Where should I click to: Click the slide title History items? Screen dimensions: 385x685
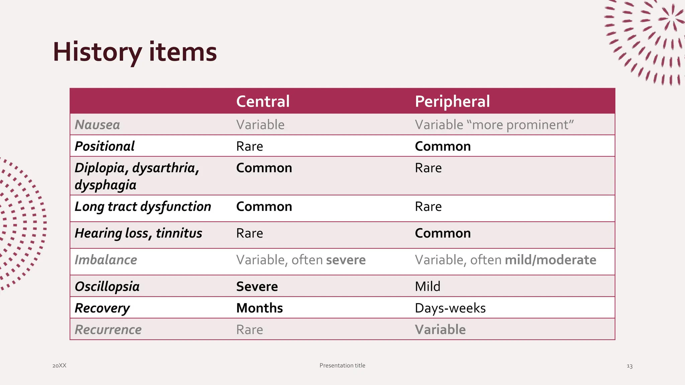[135, 52]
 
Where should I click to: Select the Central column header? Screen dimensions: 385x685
[263, 101]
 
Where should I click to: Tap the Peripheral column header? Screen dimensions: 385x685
[452, 101]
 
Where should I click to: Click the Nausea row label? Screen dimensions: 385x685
[97, 125]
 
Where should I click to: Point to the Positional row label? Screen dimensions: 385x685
[105, 146]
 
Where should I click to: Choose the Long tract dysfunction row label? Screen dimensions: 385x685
[143, 207]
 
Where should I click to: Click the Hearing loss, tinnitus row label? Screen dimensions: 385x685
[138, 233]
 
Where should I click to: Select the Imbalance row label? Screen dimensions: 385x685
[106, 260]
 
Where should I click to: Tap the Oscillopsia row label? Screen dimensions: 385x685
[107, 287]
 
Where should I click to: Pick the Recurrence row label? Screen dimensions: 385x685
[108, 330]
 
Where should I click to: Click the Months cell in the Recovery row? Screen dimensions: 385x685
[260, 308]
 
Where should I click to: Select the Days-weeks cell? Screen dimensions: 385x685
[450, 308]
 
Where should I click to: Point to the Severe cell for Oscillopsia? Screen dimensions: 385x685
[257, 287]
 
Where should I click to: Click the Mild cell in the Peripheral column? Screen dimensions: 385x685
[427, 287]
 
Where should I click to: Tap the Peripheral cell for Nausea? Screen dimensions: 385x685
[494, 125]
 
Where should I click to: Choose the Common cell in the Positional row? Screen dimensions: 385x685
[443, 146]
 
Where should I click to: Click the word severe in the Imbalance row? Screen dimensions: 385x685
[346, 260]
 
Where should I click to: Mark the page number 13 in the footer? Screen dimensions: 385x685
[629, 366]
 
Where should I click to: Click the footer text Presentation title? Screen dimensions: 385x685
[342, 366]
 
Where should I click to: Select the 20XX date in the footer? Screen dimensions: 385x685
[60, 366]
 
